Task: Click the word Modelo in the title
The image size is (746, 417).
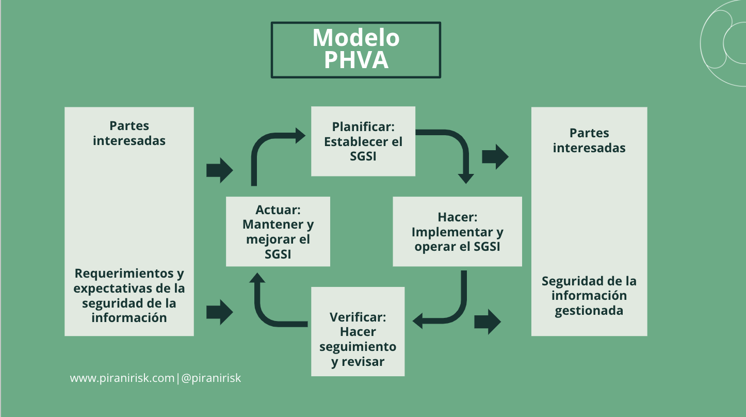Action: point(356,38)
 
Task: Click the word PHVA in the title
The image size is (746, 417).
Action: point(356,60)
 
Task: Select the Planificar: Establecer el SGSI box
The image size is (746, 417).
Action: point(363,141)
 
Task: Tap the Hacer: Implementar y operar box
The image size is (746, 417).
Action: point(457,231)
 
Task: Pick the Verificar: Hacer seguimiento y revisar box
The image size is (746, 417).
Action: point(358,331)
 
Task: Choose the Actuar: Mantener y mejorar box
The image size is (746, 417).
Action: point(278,231)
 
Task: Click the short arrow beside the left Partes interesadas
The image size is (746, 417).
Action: point(220,170)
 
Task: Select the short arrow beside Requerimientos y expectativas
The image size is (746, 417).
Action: point(220,312)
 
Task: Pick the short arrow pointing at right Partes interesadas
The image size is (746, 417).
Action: point(495,156)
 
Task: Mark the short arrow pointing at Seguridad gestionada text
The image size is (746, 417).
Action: point(488,322)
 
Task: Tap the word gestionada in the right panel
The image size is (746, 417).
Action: point(589,311)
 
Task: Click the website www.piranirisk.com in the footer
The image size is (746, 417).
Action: point(122,378)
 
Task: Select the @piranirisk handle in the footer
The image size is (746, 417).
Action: point(212,378)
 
